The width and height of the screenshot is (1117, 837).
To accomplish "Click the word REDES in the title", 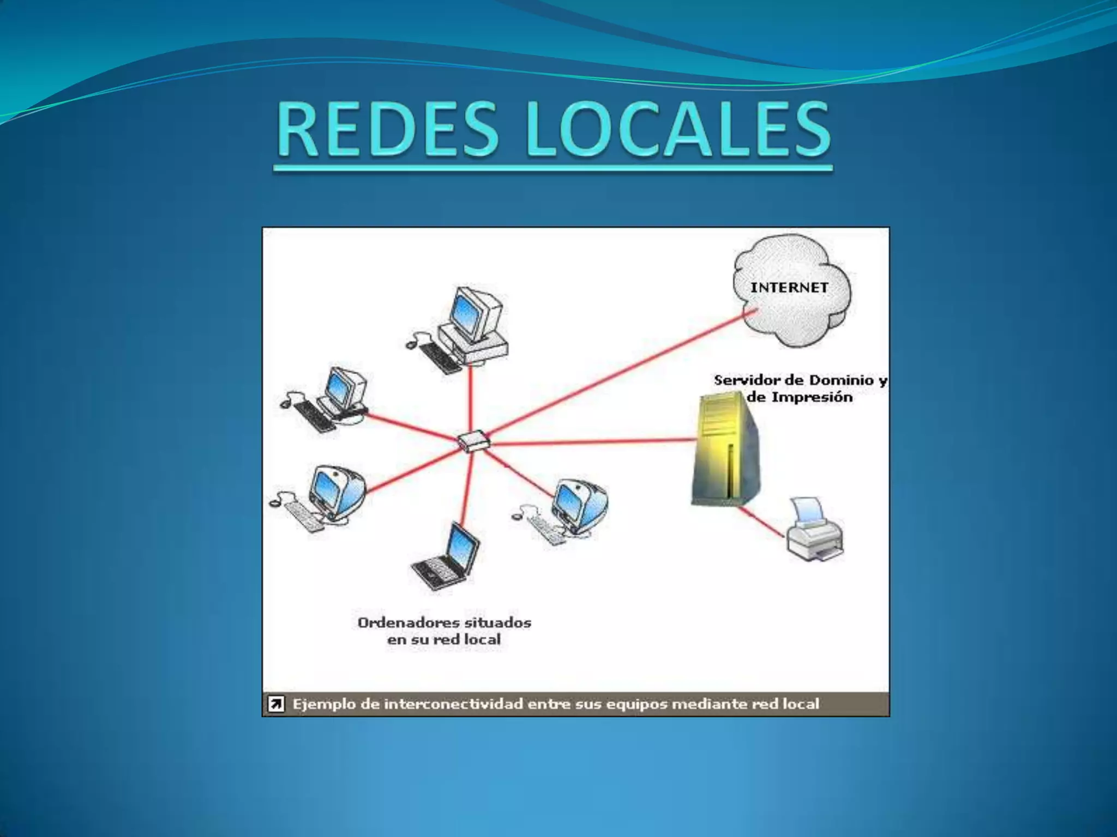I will click(x=387, y=131).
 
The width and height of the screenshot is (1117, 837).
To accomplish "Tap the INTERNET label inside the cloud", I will click(x=789, y=288).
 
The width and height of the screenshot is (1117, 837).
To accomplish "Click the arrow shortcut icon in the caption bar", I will click(x=276, y=704).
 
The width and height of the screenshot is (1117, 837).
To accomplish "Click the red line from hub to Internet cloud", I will click(x=622, y=376).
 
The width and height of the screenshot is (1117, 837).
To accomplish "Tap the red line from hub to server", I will click(x=589, y=441).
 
